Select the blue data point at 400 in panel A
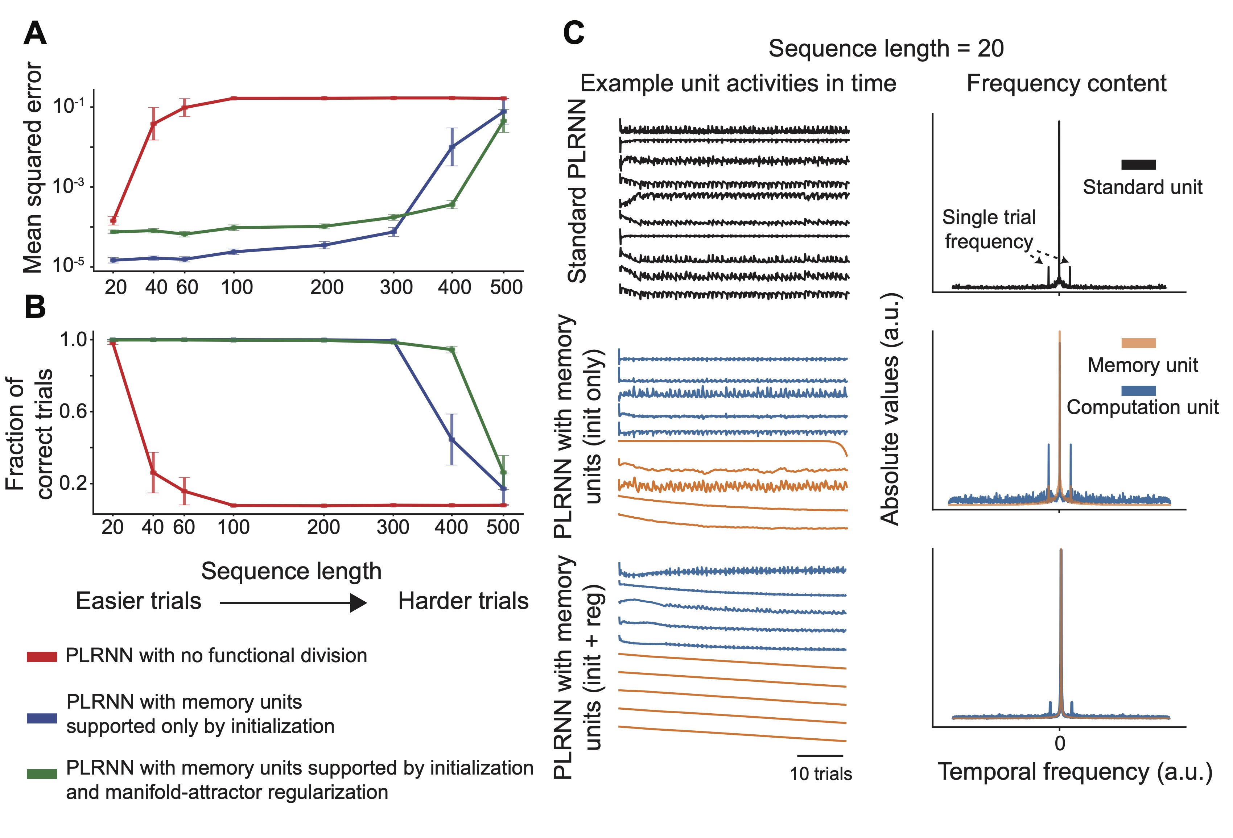[451, 147]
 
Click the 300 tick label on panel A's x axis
[396, 287]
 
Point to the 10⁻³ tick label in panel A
[69, 186]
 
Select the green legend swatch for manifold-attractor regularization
[42, 774]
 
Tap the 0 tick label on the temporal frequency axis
[1060, 744]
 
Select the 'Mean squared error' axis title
[33, 167]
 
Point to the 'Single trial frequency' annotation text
[989, 229]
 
